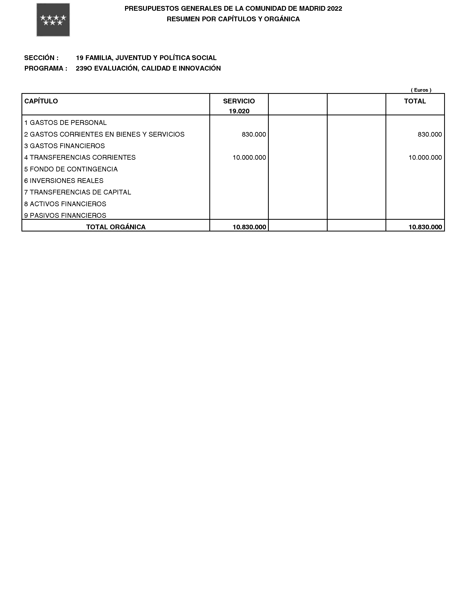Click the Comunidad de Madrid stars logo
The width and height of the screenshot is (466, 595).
(x=53, y=20)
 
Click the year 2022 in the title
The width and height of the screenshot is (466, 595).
(x=335, y=9)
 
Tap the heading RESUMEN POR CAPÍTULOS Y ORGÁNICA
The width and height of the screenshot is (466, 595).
(x=233, y=19)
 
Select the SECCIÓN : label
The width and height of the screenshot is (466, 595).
(x=41, y=58)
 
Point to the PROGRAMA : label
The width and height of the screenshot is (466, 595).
(x=46, y=68)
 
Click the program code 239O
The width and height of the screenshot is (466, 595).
(x=84, y=68)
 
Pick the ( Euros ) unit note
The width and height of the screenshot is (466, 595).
(x=421, y=90)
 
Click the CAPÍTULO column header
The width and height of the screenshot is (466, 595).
(x=41, y=101)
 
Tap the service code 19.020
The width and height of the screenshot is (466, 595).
(x=239, y=111)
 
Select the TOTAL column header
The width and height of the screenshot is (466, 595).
(x=415, y=101)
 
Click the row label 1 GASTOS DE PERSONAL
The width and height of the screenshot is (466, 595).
(x=65, y=123)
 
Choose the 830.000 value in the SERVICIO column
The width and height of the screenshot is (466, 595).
(x=254, y=135)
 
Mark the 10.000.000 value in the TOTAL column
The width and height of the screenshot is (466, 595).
(x=425, y=157)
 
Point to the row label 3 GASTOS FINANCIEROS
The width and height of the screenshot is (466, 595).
(x=65, y=146)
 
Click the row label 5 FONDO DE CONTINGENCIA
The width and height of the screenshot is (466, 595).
(x=71, y=169)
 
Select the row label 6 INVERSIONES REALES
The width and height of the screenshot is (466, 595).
(x=64, y=181)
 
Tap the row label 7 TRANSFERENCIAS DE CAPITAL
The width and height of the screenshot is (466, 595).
(x=78, y=192)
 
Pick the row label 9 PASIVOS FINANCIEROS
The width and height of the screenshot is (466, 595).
(x=65, y=215)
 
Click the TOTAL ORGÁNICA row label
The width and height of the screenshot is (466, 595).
(x=116, y=227)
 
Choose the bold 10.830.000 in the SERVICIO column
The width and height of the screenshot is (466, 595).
(x=249, y=227)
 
